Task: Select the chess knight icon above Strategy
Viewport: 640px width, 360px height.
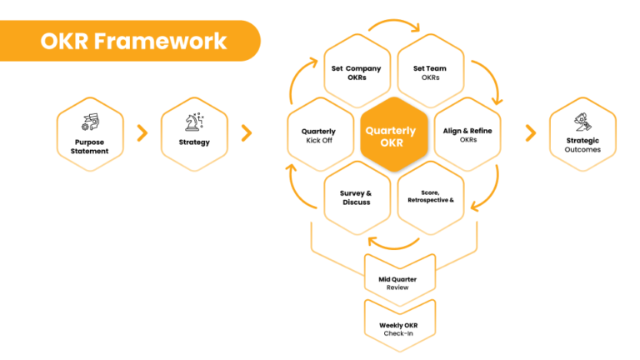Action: [194, 123]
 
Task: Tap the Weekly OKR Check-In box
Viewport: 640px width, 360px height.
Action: [397, 328]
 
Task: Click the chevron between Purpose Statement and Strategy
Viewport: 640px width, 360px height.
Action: [142, 132]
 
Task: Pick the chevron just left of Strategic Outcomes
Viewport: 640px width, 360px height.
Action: [531, 132]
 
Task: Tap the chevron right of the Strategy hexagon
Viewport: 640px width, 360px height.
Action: [246, 132]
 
